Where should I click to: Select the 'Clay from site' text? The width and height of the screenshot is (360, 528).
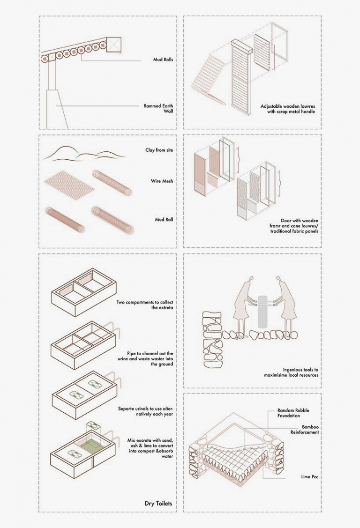tap(159, 150)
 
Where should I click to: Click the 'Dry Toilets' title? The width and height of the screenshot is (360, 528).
tap(158, 504)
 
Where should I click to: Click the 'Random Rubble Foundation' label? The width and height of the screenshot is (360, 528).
tap(293, 413)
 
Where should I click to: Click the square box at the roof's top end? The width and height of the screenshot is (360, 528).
tap(114, 44)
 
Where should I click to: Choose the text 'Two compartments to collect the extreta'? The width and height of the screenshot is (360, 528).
tap(145, 305)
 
